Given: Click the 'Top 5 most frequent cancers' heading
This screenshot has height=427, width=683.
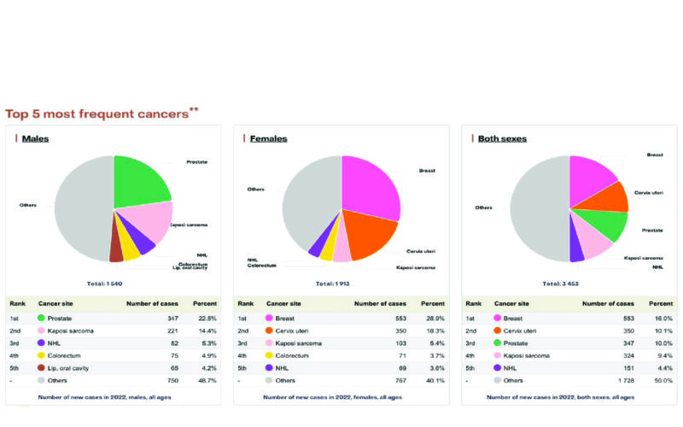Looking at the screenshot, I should [x=96, y=113].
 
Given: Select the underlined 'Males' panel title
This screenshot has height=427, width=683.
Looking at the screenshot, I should [x=35, y=138].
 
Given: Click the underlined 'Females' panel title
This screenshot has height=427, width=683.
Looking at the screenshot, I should [x=268, y=138].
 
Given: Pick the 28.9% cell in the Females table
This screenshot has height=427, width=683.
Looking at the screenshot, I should [x=433, y=317].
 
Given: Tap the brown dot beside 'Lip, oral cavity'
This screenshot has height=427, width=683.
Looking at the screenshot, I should [x=40, y=367].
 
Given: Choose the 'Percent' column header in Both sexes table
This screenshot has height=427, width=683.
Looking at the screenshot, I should [x=661, y=303].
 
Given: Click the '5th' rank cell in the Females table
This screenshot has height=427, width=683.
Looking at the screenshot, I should [x=245, y=367].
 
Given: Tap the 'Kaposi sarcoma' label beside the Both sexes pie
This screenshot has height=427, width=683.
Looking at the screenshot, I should [x=644, y=257].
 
